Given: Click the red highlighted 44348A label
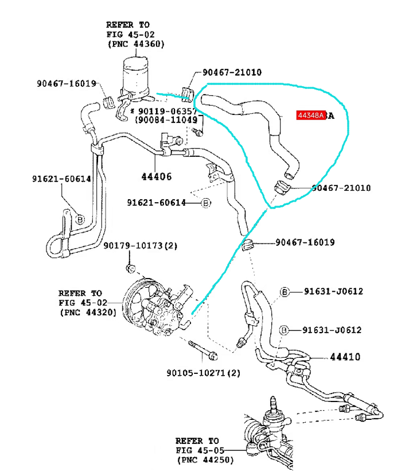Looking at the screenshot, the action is click(x=311, y=115).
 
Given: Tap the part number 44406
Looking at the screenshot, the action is click(x=157, y=176).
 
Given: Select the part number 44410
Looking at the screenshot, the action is click(x=345, y=357).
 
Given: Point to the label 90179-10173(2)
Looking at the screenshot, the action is click(x=141, y=245).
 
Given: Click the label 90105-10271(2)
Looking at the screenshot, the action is click(x=203, y=373).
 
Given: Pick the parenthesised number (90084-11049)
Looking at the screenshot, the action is click(x=166, y=120).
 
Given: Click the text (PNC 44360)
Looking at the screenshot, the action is click(x=136, y=44).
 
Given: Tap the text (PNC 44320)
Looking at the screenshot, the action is click(x=88, y=312).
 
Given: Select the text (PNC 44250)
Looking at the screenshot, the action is click(x=206, y=460).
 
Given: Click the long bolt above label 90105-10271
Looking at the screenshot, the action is click(x=202, y=350).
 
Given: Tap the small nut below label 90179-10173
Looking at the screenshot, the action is click(x=131, y=268).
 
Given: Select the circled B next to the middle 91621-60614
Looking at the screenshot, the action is click(x=206, y=203).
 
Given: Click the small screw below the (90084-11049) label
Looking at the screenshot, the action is click(x=197, y=132).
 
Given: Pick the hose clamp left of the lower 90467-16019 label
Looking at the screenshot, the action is click(x=248, y=244).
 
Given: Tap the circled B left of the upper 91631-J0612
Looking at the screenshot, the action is click(x=285, y=292).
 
